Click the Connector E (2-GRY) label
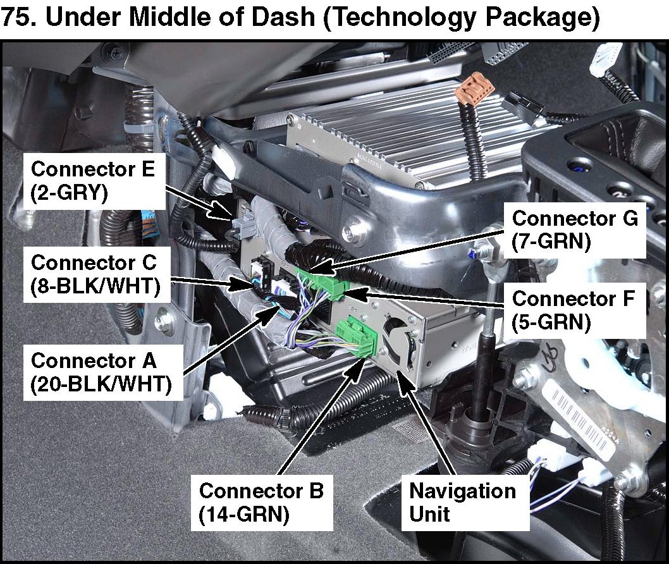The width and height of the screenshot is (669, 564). (94, 181)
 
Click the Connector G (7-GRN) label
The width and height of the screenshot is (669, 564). (575, 230)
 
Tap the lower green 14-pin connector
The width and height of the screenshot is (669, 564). (357, 336)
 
